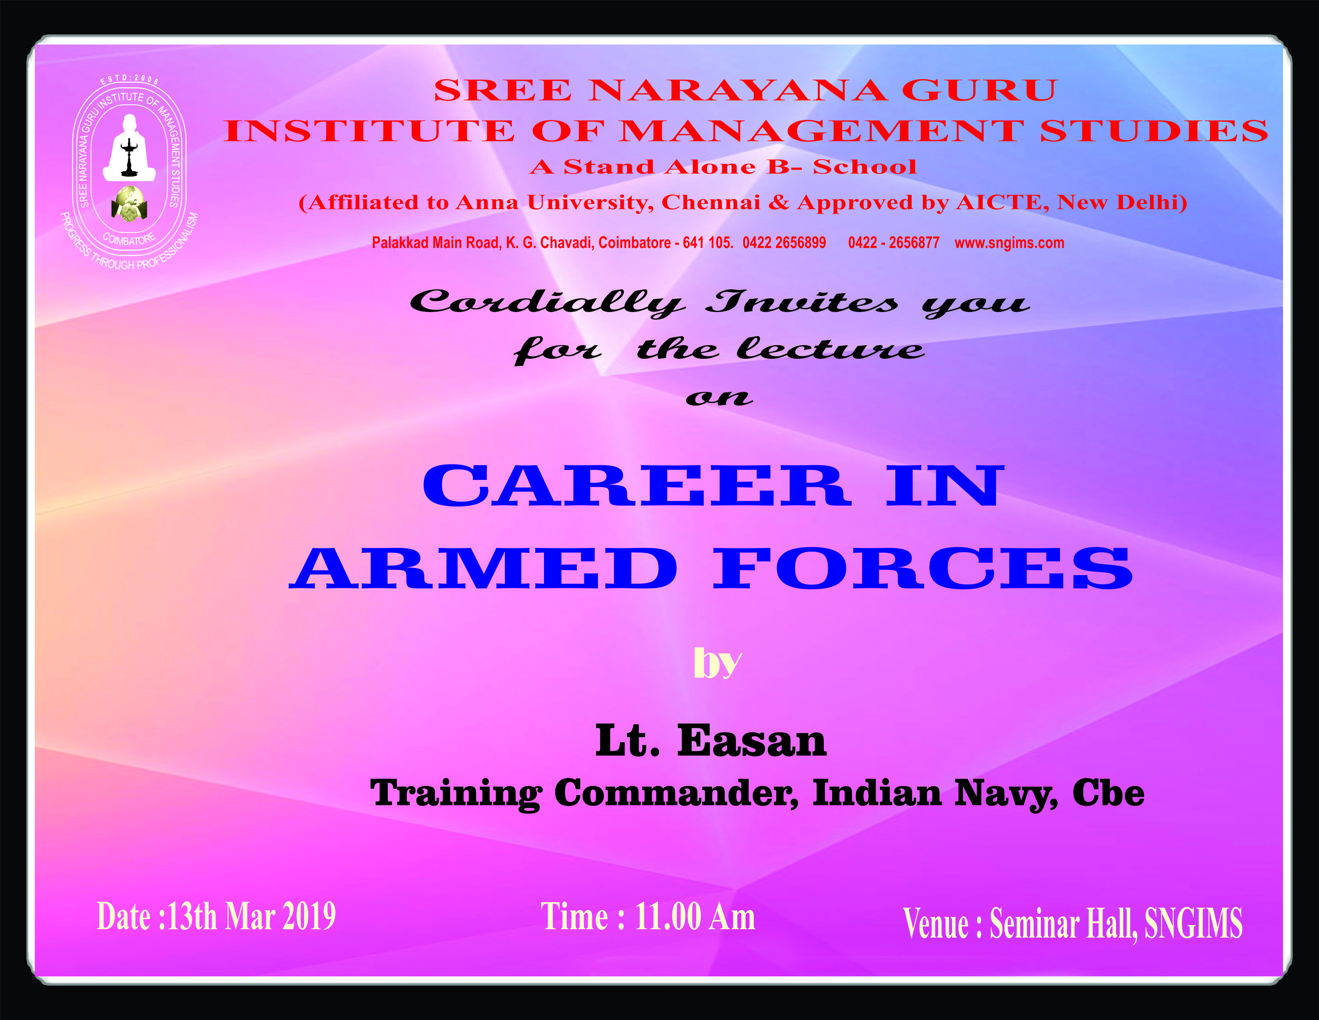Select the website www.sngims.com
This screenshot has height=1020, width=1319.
pyautogui.click(x=1009, y=243)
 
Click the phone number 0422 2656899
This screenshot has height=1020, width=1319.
pyautogui.click(x=784, y=243)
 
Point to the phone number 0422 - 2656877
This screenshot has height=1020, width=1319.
pyautogui.click(x=894, y=243)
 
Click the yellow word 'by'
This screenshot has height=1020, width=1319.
pyautogui.click(x=717, y=664)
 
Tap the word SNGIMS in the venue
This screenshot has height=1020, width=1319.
pyautogui.click(x=1193, y=923)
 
